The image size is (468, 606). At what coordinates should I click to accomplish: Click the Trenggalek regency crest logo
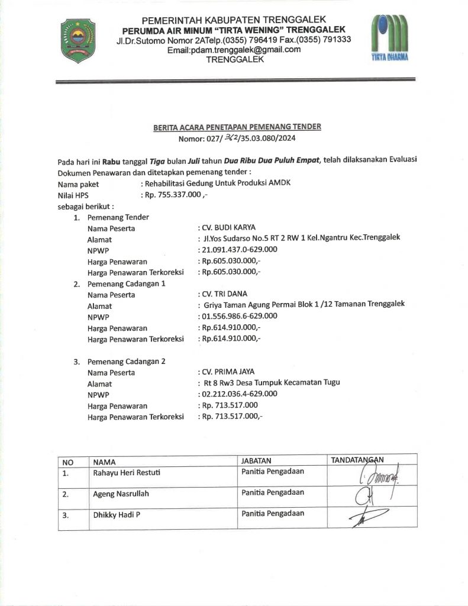(x=78, y=40)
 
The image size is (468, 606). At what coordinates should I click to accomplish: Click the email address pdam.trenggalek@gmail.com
(x=234, y=50)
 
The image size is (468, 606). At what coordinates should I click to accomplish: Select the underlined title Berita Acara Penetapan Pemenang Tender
(x=237, y=127)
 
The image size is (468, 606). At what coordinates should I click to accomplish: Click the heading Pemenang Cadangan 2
(x=126, y=361)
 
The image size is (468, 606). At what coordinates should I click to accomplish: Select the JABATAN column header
(x=256, y=460)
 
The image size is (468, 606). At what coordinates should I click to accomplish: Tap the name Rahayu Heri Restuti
(x=126, y=473)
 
